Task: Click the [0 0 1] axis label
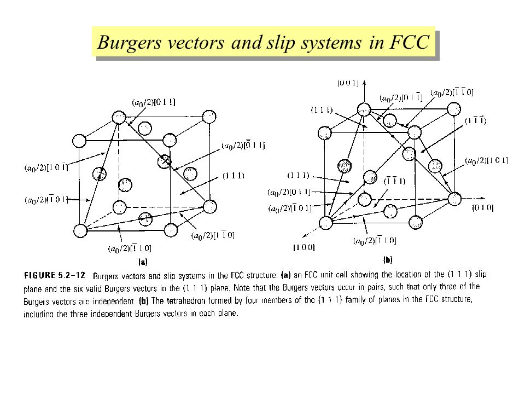pyautogui.click(x=348, y=83)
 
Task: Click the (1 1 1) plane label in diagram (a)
pyautogui.click(x=233, y=175)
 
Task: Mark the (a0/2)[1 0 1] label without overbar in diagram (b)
pyautogui.click(x=486, y=160)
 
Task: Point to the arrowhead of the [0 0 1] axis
pyautogui.click(x=363, y=89)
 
